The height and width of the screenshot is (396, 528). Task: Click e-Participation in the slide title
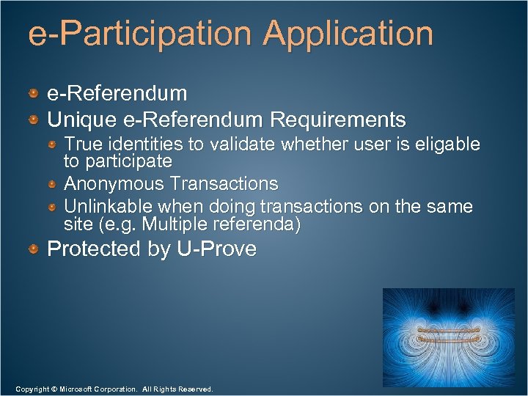point(141,34)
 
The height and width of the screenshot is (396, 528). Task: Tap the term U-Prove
point(217,249)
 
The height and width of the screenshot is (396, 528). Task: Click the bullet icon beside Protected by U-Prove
point(34,249)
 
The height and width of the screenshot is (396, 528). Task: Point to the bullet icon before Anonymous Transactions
point(53,183)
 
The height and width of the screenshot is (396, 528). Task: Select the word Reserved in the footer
point(194,389)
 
